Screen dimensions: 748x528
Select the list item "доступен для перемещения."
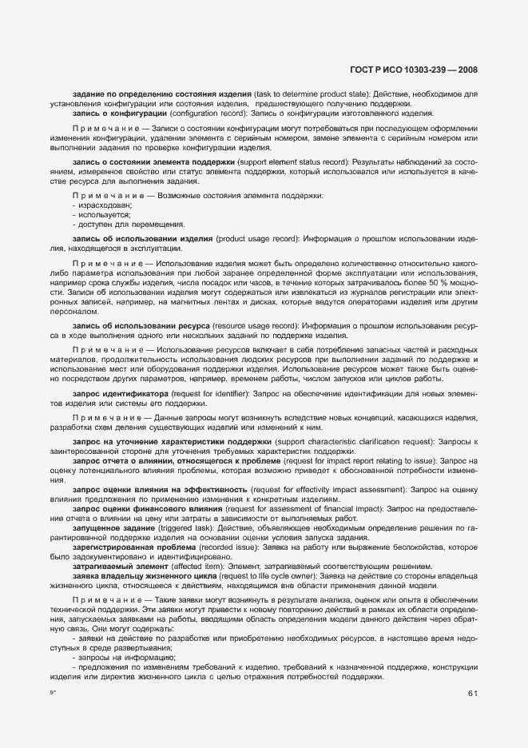117,224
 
